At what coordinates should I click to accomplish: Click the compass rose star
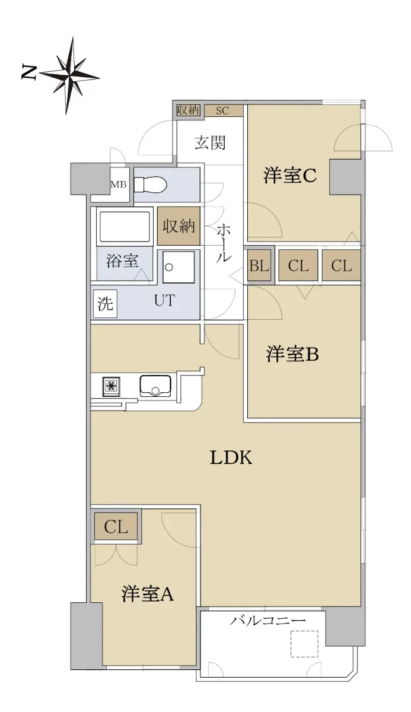click(x=69, y=76)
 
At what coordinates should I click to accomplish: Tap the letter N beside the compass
click(x=29, y=72)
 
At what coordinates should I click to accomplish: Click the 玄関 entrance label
click(x=210, y=142)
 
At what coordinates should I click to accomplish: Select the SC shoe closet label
click(x=222, y=110)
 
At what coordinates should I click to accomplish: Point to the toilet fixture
click(x=150, y=185)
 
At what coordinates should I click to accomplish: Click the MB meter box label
click(x=119, y=184)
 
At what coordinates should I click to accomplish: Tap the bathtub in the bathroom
click(x=125, y=227)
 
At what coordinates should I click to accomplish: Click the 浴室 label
click(x=122, y=261)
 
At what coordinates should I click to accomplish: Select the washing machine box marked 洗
click(x=105, y=303)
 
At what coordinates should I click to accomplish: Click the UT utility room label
click(x=164, y=300)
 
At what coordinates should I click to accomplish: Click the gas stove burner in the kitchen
click(x=111, y=386)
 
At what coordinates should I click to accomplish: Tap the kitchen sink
click(x=155, y=386)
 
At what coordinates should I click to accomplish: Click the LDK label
click(x=231, y=458)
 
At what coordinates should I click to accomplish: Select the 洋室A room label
click(x=147, y=593)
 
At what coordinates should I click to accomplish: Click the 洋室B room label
click(x=292, y=354)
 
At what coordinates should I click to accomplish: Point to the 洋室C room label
click(x=290, y=175)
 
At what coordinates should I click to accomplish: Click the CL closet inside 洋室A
click(x=116, y=527)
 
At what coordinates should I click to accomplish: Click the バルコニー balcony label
click(x=267, y=621)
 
